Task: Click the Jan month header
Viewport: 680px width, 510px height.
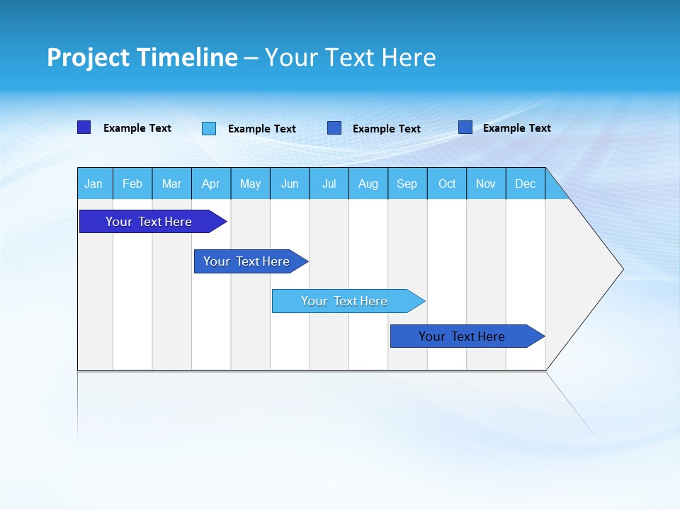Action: tap(93, 184)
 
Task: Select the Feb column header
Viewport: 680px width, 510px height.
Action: tap(132, 184)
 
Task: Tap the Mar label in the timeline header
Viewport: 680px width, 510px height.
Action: tap(171, 184)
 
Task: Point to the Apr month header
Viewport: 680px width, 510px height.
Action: tap(211, 184)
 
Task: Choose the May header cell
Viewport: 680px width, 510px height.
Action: tap(250, 184)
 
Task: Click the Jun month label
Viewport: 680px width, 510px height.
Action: tap(290, 184)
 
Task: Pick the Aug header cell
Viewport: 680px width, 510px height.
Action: tap(368, 184)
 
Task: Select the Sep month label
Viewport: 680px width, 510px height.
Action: tap(407, 184)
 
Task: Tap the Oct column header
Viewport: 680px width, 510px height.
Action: tap(447, 184)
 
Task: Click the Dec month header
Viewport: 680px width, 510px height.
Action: tap(526, 184)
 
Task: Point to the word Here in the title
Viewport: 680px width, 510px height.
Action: tap(409, 58)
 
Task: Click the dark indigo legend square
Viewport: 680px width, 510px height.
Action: tap(84, 127)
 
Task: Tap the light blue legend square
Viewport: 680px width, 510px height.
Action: tap(209, 128)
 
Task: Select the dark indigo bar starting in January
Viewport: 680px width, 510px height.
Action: tap(149, 222)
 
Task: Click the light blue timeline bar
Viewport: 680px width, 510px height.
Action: tap(345, 301)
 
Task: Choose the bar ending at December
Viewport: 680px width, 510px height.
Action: tap(463, 336)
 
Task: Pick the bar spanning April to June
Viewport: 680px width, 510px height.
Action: tap(247, 261)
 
